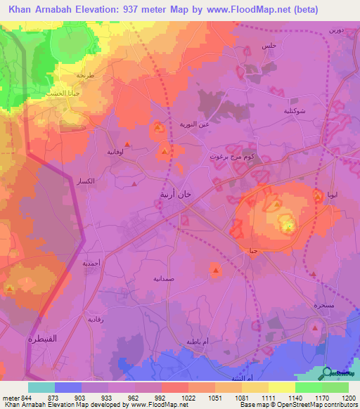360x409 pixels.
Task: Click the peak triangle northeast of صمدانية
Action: point(215,269)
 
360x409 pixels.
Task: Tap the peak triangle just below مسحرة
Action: point(316,327)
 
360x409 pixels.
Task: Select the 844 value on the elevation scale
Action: point(26,397)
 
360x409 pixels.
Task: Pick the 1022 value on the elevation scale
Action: point(188,397)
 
